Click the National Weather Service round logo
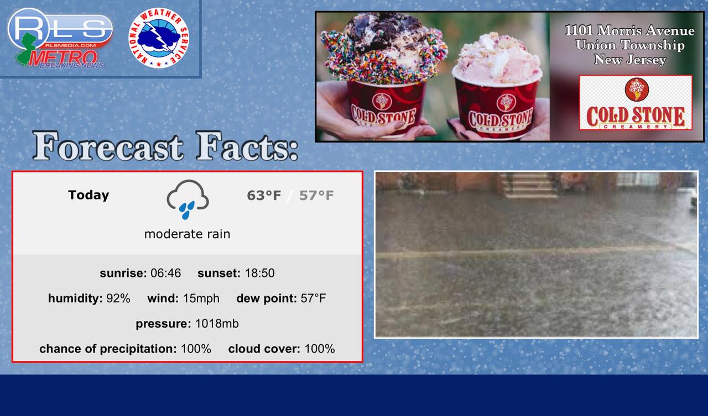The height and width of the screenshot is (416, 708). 159,38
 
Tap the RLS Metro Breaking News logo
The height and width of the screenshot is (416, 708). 60,38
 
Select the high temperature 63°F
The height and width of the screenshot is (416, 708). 264,196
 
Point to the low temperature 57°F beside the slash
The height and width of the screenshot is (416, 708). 316,196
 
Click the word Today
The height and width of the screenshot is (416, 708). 88,195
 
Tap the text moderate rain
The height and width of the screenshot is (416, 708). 187,234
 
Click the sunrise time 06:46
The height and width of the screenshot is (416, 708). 165,273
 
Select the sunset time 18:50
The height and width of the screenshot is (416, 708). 259,273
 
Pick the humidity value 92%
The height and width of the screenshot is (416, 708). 118,298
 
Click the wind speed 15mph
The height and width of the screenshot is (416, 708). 201,298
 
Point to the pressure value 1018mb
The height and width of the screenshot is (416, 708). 217,324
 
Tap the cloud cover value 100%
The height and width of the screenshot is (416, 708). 320,349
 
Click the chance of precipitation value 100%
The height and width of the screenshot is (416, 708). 196,349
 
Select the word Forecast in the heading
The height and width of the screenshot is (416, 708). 108,146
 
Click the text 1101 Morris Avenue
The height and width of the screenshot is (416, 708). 629,30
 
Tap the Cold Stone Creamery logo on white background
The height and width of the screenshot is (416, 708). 636,103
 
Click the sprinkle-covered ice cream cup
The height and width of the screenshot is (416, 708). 384,76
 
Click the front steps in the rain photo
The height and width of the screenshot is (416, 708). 530,185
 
